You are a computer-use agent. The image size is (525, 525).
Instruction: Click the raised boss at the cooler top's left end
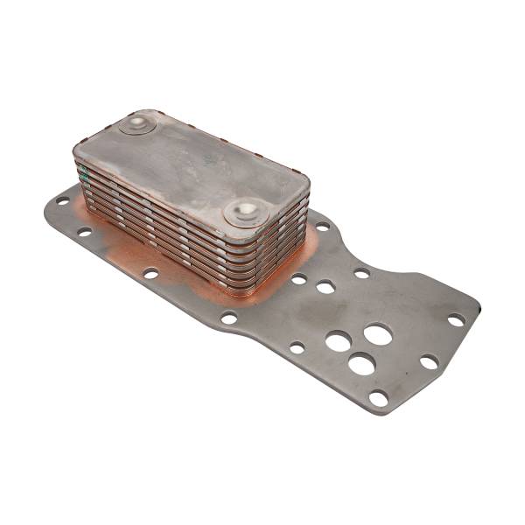(138, 124)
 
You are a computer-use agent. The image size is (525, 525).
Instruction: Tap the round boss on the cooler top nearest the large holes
(245, 211)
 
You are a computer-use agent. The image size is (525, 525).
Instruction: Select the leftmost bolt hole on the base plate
(62, 200)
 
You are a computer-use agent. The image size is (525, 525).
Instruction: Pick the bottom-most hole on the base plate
(378, 398)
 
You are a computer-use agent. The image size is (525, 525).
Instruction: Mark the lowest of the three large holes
(361, 363)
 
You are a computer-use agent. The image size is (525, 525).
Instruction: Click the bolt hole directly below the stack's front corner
(229, 318)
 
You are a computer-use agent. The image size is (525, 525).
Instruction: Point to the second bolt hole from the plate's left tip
(84, 233)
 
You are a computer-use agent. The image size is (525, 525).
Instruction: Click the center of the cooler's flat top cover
(192, 166)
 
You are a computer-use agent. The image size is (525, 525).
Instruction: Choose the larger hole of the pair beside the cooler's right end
(325, 287)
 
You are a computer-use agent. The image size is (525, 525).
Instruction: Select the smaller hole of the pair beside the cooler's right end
(299, 279)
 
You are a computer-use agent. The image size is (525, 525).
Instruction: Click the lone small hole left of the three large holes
(297, 347)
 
